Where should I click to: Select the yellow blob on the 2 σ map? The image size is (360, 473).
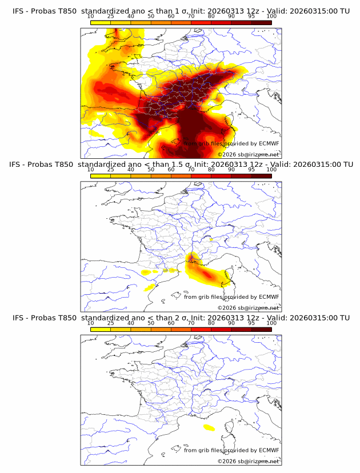click(x=209, y=428)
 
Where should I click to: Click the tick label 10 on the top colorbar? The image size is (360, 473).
click(x=91, y=17)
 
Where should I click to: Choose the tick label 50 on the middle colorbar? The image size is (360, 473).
click(x=151, y=170)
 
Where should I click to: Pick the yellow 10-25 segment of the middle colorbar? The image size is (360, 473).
click(x=101, y=175)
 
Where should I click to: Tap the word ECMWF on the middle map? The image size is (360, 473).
click(x=269, y=297)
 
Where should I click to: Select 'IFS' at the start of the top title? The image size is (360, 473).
click(x=18, y=11)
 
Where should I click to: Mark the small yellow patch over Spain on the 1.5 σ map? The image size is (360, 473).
click(x=151, y=287)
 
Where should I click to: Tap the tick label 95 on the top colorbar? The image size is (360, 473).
click(x=251, y=17)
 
